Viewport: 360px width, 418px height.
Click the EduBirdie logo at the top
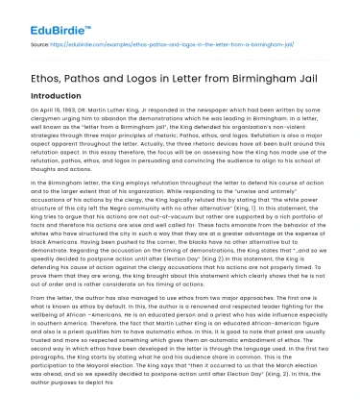pyautogui.click(x=47, y=17)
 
